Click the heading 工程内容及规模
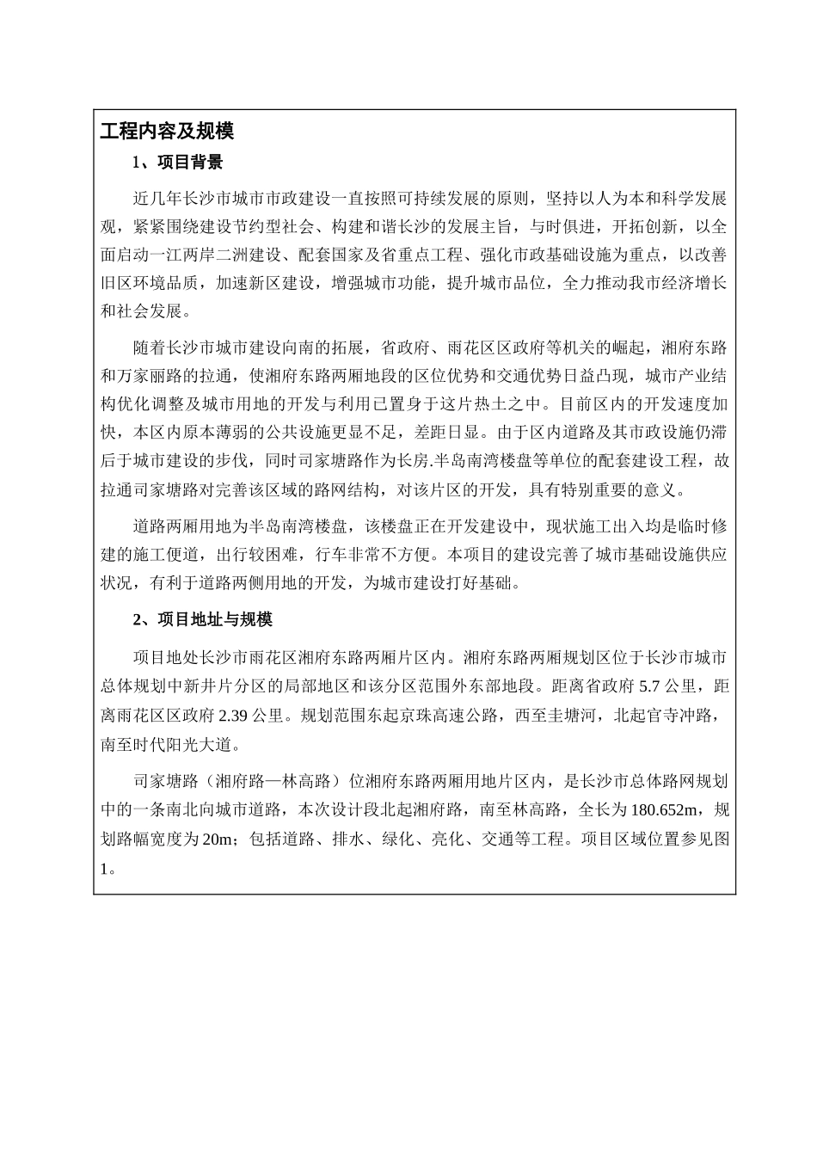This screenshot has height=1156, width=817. tap(167, 132)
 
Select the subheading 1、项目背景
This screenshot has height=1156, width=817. tap(177, 162)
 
